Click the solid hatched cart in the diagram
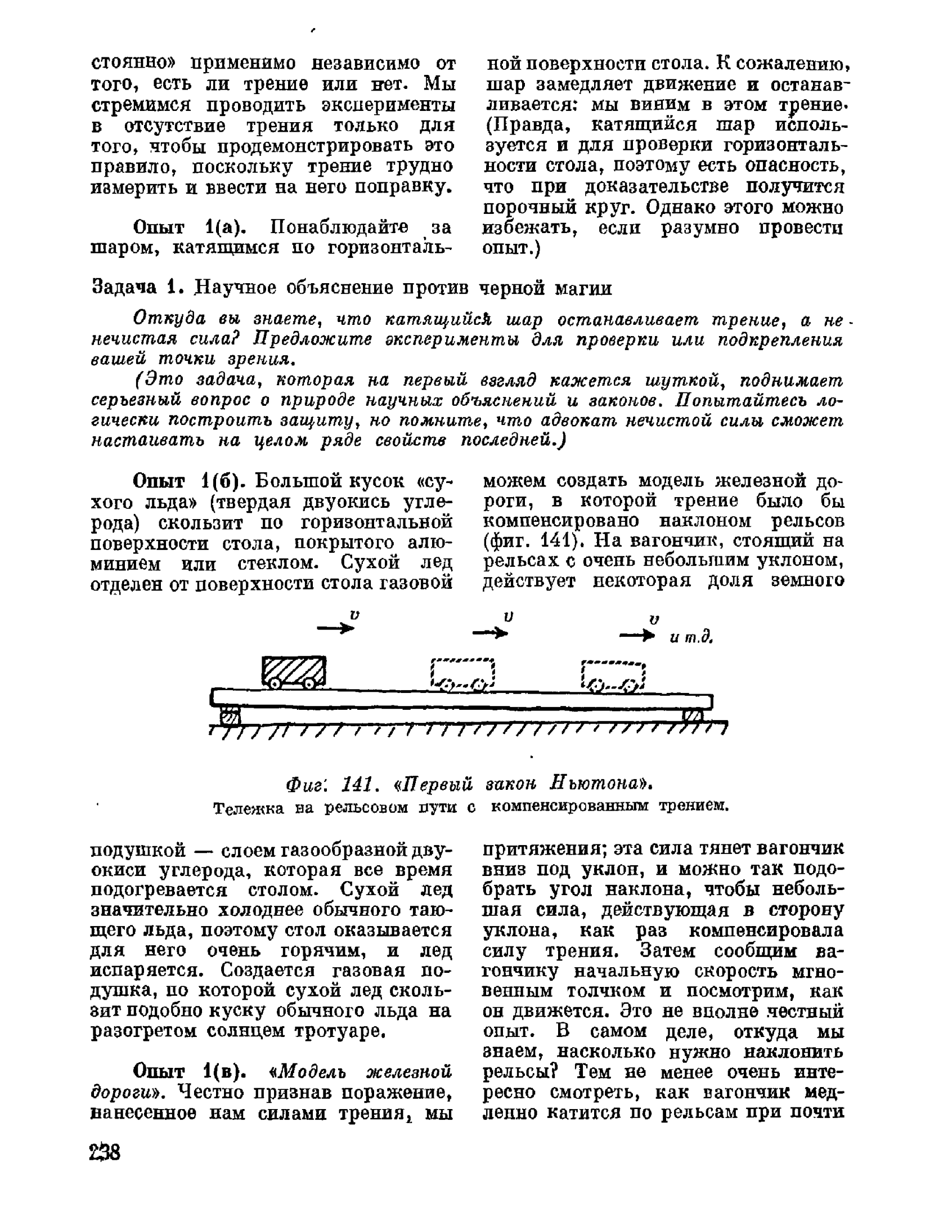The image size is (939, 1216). (x=294, y=670)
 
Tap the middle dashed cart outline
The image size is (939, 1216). (x=462, y=673)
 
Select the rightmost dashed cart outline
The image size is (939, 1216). (x=613, y=675)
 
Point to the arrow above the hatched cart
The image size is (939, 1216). (x=336, y=629)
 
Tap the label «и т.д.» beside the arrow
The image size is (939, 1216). (x=691, y=638)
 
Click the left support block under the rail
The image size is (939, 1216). (x=229, y=717)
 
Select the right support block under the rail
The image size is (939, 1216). (x=693, y=715)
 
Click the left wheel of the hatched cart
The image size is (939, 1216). (x=274, y=683)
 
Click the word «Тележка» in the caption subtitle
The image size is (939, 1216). (x=244, y=807)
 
